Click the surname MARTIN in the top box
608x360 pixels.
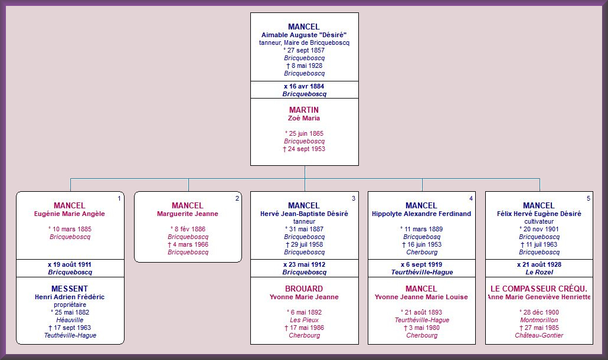pos(304,110)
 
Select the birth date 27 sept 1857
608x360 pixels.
pos(304,50)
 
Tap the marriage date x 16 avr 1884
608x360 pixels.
pos(304,86)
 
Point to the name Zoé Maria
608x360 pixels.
pos(304,118)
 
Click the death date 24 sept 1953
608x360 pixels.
pos(305,149)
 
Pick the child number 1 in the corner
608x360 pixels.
pos(119,198)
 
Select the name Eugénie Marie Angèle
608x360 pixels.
pos(70,214)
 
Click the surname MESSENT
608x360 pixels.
pos(70,289)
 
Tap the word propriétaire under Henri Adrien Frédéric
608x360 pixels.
pos(70,305)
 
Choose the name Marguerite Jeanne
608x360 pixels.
pos(188,214)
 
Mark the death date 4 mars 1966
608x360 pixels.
pos(188,244)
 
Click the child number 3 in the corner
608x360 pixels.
pos(353,198)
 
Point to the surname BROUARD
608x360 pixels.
pos(304,289)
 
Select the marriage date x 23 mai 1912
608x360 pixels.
pos(305,264)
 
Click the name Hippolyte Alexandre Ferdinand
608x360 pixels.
pos(421,214)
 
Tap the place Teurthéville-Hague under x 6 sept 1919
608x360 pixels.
pos(422,273)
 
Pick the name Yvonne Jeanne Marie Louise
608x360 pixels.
pos(421,297)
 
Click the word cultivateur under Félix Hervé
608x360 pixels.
pos(539,221)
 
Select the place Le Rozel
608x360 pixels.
pos(540,273)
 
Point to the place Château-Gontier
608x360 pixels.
pos(539,335)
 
